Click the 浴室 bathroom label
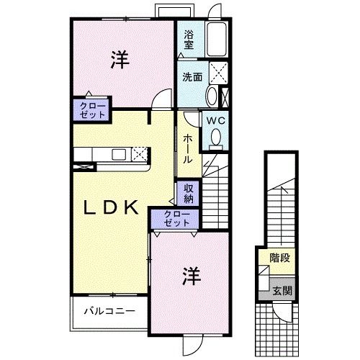(189, 39)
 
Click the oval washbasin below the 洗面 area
(212, 96)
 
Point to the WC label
(216, 122)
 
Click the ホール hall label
(186, 148)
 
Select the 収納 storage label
(189, 193)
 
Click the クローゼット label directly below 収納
(176, 217)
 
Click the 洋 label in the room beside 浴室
(120, 61)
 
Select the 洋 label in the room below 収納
(189, 275)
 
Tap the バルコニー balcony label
(108, 312)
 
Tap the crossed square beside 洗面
(219, 72)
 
